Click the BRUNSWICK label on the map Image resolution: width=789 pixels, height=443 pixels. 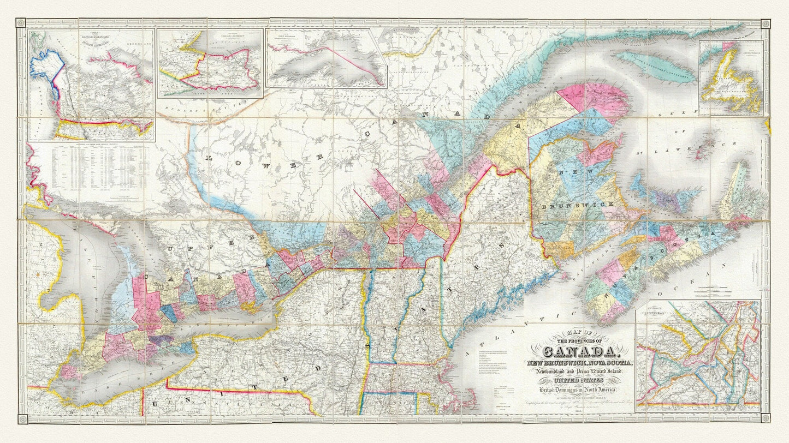point(580,205)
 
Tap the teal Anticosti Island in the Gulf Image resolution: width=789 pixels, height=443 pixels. point(655,67)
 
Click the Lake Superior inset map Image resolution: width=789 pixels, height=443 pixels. point(325,58)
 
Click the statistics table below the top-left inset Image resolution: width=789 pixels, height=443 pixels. point(90,169)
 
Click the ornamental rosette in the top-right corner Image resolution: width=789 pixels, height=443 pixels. point(766,23)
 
